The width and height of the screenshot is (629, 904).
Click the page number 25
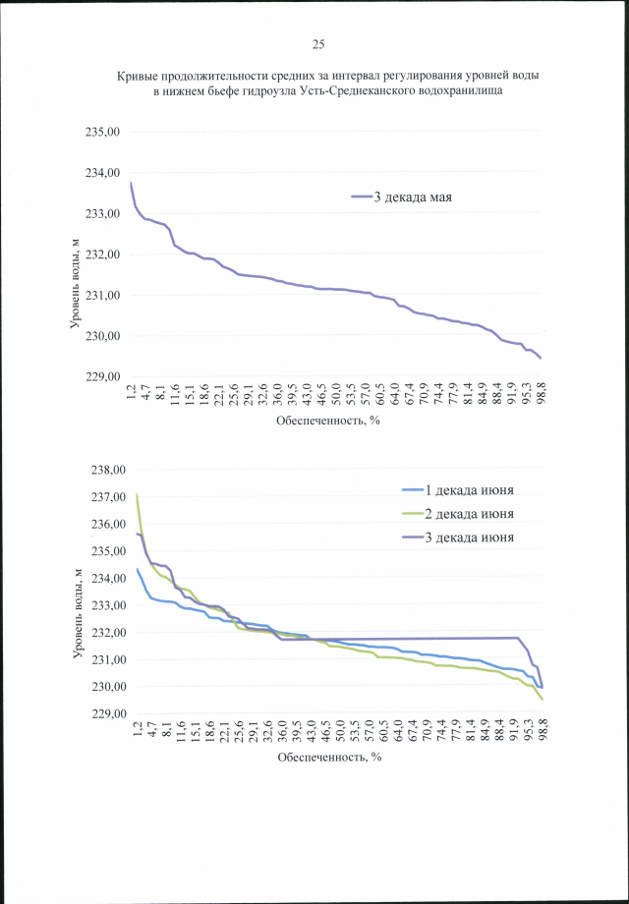(317, 44)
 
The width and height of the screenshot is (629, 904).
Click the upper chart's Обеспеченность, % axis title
(328, 420)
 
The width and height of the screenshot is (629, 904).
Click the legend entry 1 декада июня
(469, 490)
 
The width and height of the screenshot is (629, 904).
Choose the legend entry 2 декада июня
(469, 514)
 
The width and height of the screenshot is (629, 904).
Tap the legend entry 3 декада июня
(469, 537)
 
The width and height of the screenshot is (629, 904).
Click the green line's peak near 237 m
(137, 494)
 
